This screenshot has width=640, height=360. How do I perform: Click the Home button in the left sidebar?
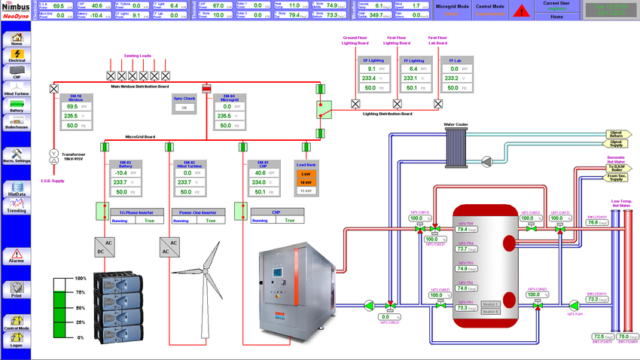pyautogui.click(x=17, y=38)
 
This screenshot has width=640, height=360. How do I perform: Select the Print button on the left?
pyautogui.click(x=17, y=289)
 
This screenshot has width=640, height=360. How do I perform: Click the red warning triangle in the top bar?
pyautogui.click(x=521, y=10)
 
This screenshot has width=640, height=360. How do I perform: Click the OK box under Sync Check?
pyautogui.click(x=184, y=108)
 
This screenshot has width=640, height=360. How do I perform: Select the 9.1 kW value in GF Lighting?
pyautogui.click(x=370, y=69)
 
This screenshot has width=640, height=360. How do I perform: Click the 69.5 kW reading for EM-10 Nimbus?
pyautogui.click(x=72, y=107)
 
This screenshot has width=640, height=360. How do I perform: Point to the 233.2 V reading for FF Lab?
pyautogui.click(x=453, y=78)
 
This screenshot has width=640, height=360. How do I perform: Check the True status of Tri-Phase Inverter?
pyautogui.click(x=149, y=221)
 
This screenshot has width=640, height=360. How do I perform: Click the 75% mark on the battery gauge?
pyautogui.click(x=80, y=292)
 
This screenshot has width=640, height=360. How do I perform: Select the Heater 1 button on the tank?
pyautogui.click(x=490, y=303)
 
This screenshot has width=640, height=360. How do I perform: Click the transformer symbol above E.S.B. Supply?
pyautogui.click(x=53, y=157)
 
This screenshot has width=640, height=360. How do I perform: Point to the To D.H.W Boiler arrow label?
pyautogui.click(x=616, y=169)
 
